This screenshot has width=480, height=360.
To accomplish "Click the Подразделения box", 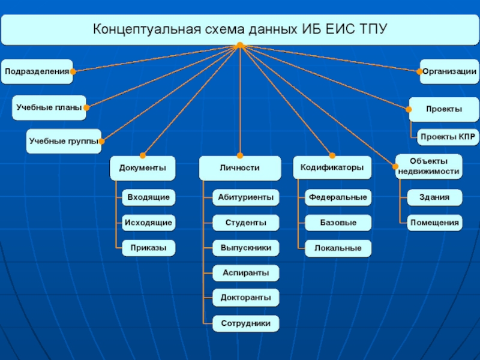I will [36, 71].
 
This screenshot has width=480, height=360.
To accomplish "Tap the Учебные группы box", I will [63, 142].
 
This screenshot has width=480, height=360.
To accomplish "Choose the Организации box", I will [449, 71].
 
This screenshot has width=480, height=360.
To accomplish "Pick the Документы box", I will [143, 168].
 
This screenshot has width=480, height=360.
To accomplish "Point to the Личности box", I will [239, 168].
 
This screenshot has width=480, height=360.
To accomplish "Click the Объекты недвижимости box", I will [429, 167].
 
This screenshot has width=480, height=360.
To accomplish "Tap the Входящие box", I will [148, 197].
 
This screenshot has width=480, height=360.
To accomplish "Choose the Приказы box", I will [148, 248].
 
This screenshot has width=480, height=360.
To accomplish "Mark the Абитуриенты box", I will [245, 197].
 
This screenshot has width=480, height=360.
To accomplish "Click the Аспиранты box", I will [245, 273].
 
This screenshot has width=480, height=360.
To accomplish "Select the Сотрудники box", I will [245, 324].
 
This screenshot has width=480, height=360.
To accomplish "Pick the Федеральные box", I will [338, 197].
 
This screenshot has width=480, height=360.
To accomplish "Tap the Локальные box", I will [338, 248].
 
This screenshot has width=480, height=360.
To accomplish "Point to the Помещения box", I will [435, 223].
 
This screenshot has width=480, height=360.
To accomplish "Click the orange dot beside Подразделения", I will [73, 71].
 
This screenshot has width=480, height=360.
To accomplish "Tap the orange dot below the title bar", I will [239, 45].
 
